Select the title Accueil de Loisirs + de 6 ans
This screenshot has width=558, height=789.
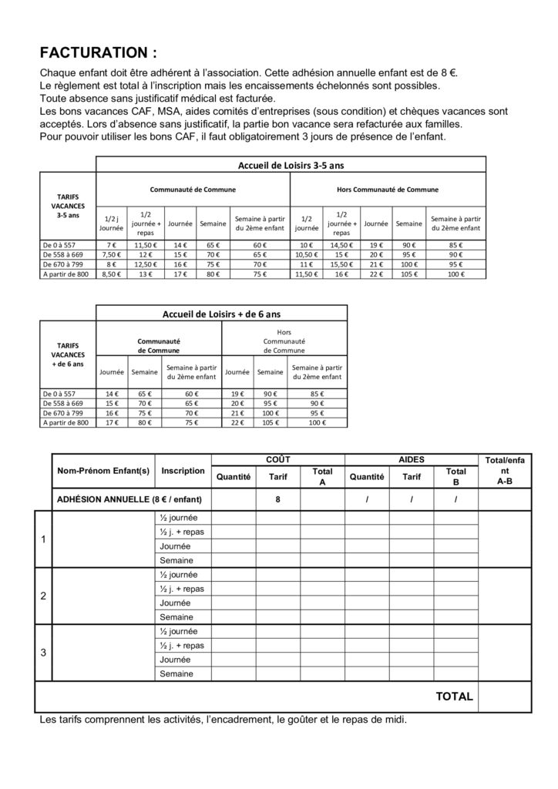[221, 314]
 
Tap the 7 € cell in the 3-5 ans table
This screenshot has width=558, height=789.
[109, 244]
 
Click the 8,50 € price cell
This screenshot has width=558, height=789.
[109, 274]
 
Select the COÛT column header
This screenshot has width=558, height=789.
[277, 458]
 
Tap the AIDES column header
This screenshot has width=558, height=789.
[412, 458]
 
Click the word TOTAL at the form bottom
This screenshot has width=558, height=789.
[454, 697]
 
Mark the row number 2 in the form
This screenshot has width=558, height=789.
[43, 596]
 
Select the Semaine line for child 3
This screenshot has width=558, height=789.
[176, 674]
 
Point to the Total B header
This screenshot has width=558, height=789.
[456, 476]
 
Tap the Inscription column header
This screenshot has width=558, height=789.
[183, 470]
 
